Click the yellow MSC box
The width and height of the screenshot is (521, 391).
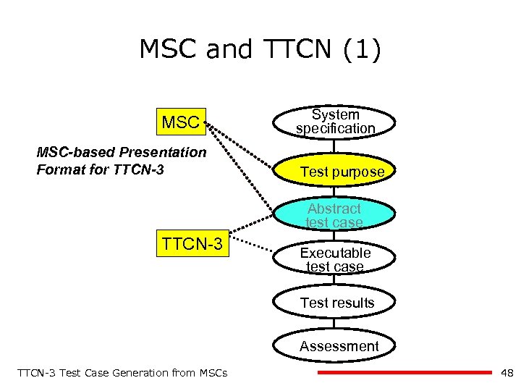(x=181, y=122)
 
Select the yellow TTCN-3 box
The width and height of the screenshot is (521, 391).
(x=192, y=243)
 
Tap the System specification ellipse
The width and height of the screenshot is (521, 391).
(x=335, y=122)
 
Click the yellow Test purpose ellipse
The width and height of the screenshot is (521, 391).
(x=336, y=172)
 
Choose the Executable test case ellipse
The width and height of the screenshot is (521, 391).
(x=335, y=259)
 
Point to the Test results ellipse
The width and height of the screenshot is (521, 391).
(x=336, y=303)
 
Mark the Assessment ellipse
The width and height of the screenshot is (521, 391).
(x=339, y=346)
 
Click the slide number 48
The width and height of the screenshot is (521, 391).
(x=507, y=373)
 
